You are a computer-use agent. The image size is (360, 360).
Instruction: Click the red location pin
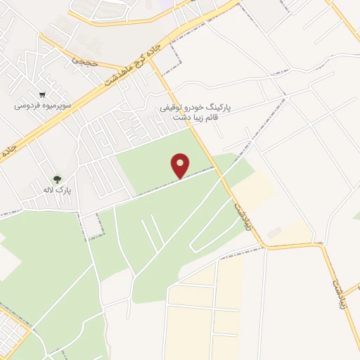[x=181, y=165]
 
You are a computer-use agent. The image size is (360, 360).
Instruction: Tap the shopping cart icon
[x=43, y=95]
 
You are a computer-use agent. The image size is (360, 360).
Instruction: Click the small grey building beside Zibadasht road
[x=274, y=231]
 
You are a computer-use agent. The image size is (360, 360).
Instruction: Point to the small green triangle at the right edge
[x=356, y=216]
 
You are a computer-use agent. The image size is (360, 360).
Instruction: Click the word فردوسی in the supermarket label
[x=29, y=106]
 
